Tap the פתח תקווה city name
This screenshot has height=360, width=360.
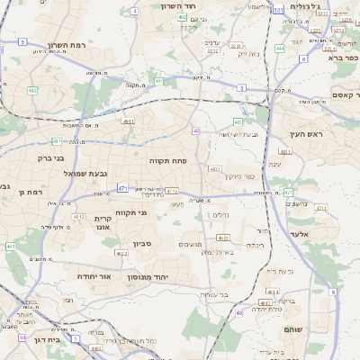[167, 159]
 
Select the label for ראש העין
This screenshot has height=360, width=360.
[306, 133]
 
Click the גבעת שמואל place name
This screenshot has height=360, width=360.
[85, 172]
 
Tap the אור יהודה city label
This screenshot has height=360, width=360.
[94, 276]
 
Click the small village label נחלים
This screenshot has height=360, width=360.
[220, 214]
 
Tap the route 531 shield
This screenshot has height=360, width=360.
[278, 10]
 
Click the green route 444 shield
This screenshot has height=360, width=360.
[281, 49]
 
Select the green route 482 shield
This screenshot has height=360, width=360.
[32, 90]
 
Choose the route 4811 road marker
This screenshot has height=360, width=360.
[128, 121]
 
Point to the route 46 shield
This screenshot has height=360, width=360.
[239, 312]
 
